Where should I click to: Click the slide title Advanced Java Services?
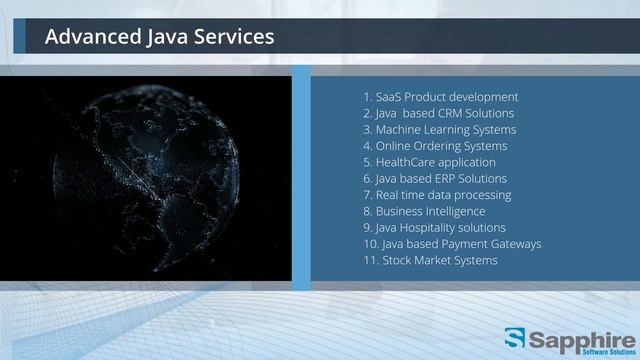(x=159, y=38)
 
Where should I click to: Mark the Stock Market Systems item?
(x=430, y=260)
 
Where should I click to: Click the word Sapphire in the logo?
(x=580, y=335)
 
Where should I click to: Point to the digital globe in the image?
(x=150, y=170)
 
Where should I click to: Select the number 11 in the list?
(x=370, y=260)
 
